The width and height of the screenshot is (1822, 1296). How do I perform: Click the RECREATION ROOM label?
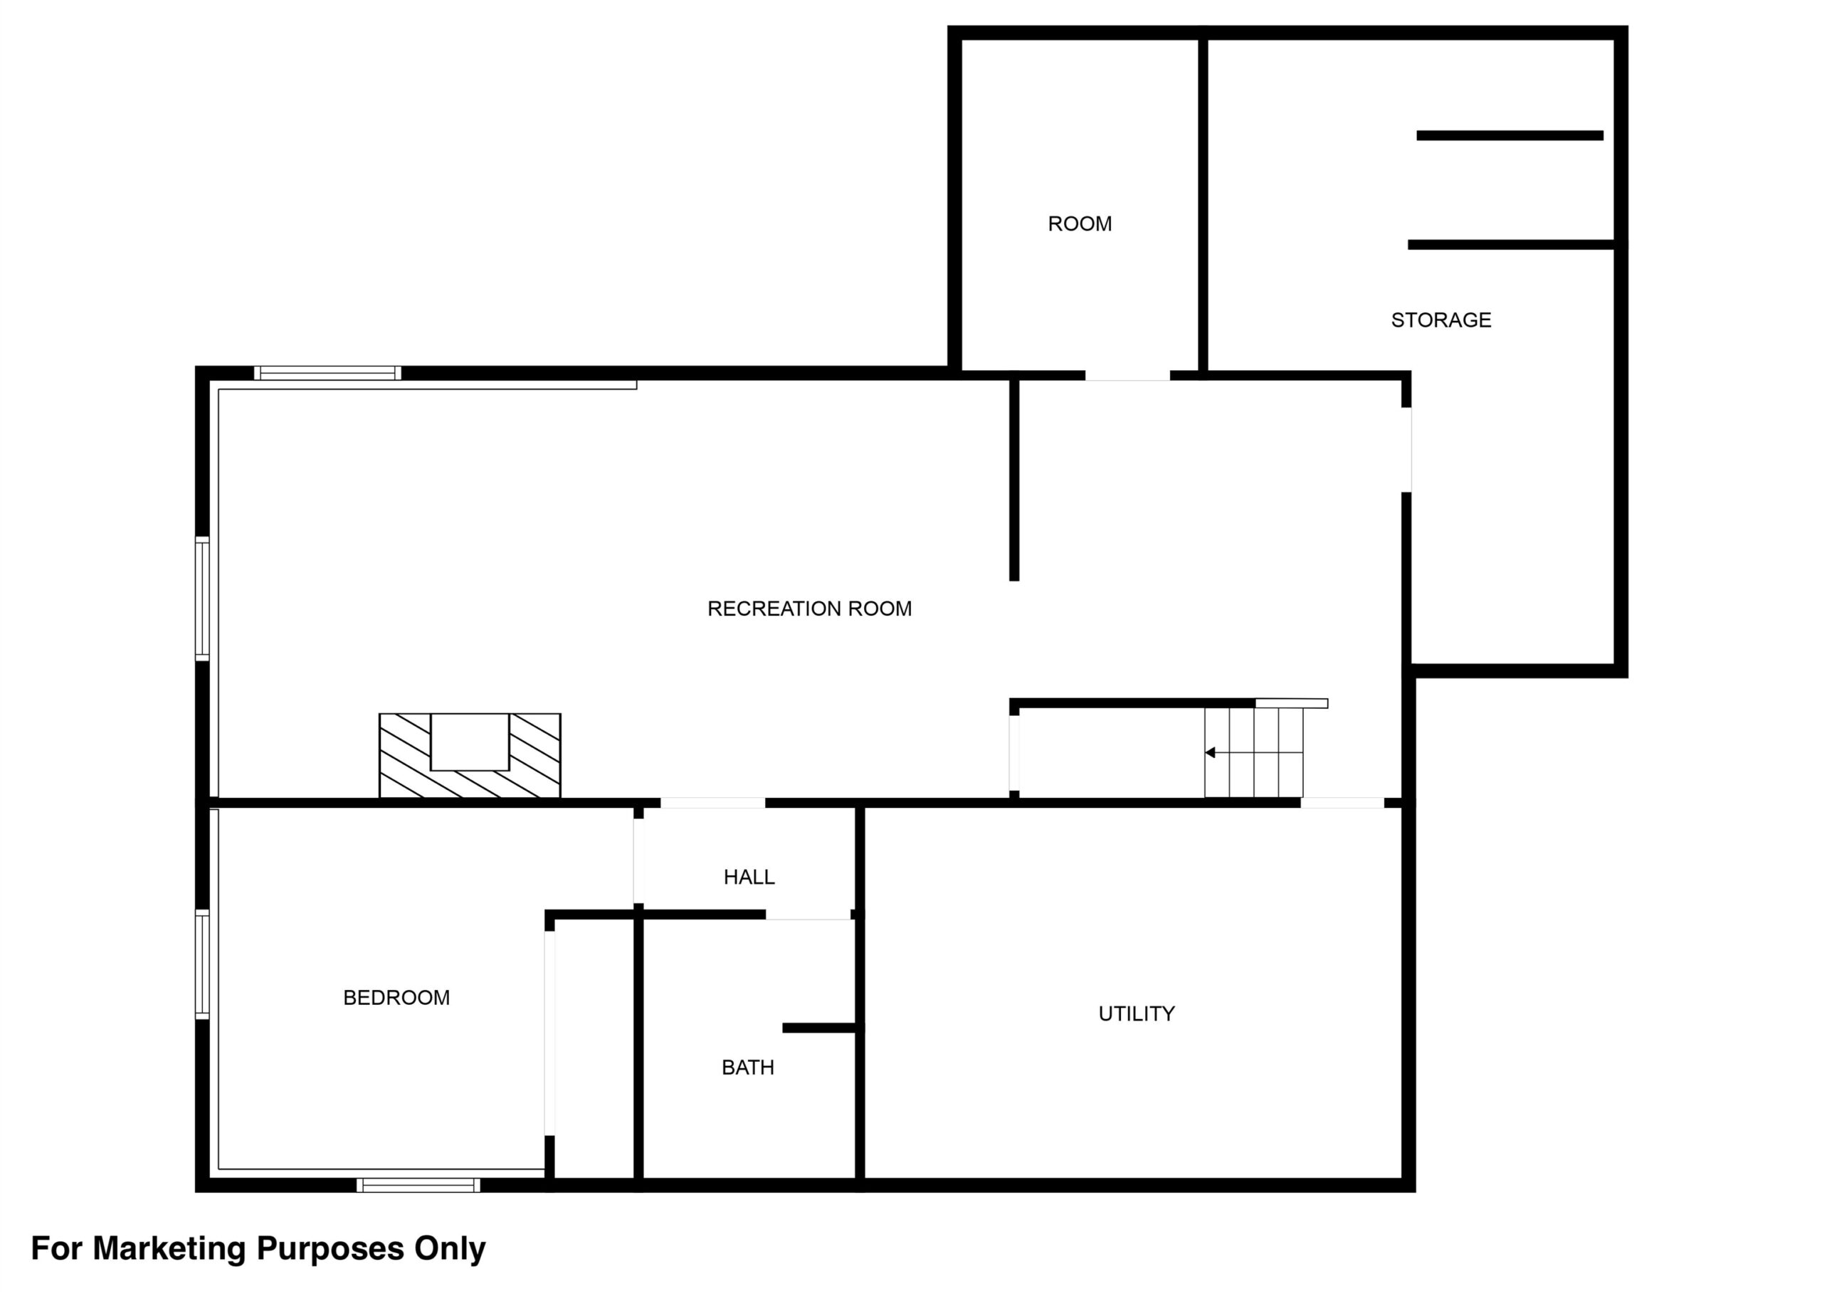point(809,609)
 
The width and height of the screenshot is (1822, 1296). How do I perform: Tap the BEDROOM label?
point(396,998)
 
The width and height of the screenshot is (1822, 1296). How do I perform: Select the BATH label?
point(748,1068)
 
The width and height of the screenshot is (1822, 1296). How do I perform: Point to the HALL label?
point(749,877)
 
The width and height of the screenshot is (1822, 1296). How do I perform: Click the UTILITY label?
point(1137,1013)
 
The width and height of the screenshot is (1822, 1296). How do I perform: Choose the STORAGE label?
point(1441,320)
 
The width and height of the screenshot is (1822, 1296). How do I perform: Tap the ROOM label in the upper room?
point(1080,223)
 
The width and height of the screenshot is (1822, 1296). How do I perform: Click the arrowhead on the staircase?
point(1210,752)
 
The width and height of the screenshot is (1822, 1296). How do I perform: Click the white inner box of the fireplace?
point(469,742)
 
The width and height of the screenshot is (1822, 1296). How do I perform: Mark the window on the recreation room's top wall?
point(327,373)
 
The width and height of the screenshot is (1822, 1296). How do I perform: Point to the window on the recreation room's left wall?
point(203,599)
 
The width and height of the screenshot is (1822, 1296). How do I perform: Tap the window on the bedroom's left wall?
point(203,965)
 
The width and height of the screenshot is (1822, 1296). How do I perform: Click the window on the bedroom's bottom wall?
point(418,1185)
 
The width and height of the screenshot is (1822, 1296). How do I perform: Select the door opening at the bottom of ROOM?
point(1127,375)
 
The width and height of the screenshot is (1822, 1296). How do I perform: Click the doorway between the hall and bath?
point(808,915)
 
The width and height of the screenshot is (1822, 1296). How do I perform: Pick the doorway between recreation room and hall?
point(712,803)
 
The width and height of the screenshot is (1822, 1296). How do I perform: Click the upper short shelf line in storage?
point(1510,136)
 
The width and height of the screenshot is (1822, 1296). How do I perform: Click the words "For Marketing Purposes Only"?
point(258,1248)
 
